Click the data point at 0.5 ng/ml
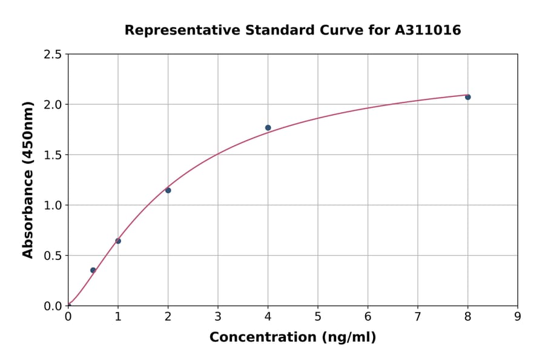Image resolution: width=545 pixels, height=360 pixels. (93, 270)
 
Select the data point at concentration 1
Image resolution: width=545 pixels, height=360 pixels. (118, 241)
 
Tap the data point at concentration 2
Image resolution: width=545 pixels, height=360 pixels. (168, 190)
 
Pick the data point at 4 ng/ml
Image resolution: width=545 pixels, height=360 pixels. (268, 128)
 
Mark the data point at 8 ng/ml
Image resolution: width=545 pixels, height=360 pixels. (467, 97)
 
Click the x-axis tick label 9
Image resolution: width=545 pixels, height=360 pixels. (517, 316)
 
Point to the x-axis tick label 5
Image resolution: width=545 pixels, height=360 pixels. (317, 316)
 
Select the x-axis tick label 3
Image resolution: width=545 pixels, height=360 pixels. (217, 316)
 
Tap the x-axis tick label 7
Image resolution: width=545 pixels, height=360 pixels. (417, 316)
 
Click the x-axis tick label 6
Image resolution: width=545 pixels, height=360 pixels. (368, 316)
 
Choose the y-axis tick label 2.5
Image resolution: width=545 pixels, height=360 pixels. (53, 55)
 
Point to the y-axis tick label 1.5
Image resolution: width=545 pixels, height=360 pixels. (53, 155)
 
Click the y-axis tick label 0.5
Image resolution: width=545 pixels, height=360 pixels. (53, 256)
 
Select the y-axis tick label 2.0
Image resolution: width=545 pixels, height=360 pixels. (53, 105)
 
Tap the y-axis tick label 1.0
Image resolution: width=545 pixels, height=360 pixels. (53, 205)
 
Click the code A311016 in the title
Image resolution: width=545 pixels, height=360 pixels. (428, 30)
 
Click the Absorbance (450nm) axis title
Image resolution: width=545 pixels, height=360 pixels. (28, 179)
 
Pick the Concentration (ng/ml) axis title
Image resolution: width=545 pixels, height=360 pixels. (292, 338)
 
